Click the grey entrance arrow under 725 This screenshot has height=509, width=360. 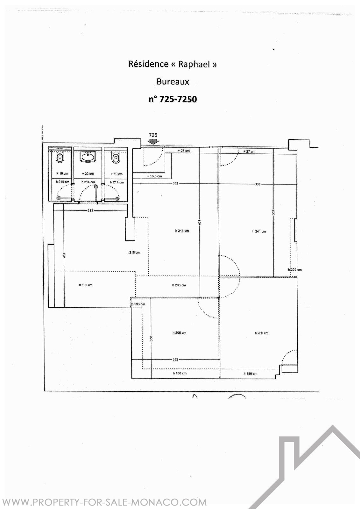[153, 142]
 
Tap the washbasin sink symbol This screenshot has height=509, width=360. [88, 156]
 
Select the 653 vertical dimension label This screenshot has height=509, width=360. [200, 222]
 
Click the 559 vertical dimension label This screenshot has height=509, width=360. [274, 212]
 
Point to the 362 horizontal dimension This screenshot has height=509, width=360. [175, 183]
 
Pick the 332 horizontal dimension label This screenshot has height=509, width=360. [258, 184]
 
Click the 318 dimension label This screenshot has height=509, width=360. [90, 210]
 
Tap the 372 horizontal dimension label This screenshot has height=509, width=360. [175, 359]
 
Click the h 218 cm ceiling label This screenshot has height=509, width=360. [133, 252]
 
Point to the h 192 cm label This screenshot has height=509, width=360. [86, 285]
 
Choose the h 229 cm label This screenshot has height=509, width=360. [295, 270]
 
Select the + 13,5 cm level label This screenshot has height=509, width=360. [154, 176]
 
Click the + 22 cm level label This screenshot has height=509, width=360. [88, 174]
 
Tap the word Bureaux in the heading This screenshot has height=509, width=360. [173, 81]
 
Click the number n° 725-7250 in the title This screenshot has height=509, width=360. [173, 99]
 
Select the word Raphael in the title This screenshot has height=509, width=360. [194, 64]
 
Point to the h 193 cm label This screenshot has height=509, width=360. [138, 304]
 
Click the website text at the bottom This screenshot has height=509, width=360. [104, 502]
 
